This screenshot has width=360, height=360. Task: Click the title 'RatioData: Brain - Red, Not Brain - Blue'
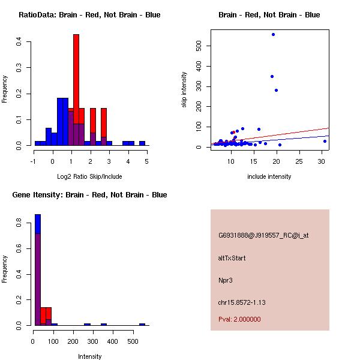click(89, 15)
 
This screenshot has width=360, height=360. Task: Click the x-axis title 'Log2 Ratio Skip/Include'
click(89, 176)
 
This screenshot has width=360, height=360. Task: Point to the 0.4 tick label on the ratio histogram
click(20, 41)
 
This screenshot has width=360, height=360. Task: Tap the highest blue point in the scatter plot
click(273, 35)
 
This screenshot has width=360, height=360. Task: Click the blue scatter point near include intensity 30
click(325, 141)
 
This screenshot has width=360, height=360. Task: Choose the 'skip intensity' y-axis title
click(185, 90)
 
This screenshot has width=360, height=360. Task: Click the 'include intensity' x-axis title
click(269, 176)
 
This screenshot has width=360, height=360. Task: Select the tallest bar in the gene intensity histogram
click(38, 270)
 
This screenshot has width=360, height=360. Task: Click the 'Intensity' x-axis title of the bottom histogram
click(90, 356)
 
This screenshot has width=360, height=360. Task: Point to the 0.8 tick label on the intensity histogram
click(20, 222)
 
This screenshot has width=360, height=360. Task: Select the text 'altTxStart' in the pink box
click(232, 258)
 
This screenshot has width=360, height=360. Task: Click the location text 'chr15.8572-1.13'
click(241, 302)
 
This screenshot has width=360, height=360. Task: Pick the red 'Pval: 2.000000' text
click(239, 319)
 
